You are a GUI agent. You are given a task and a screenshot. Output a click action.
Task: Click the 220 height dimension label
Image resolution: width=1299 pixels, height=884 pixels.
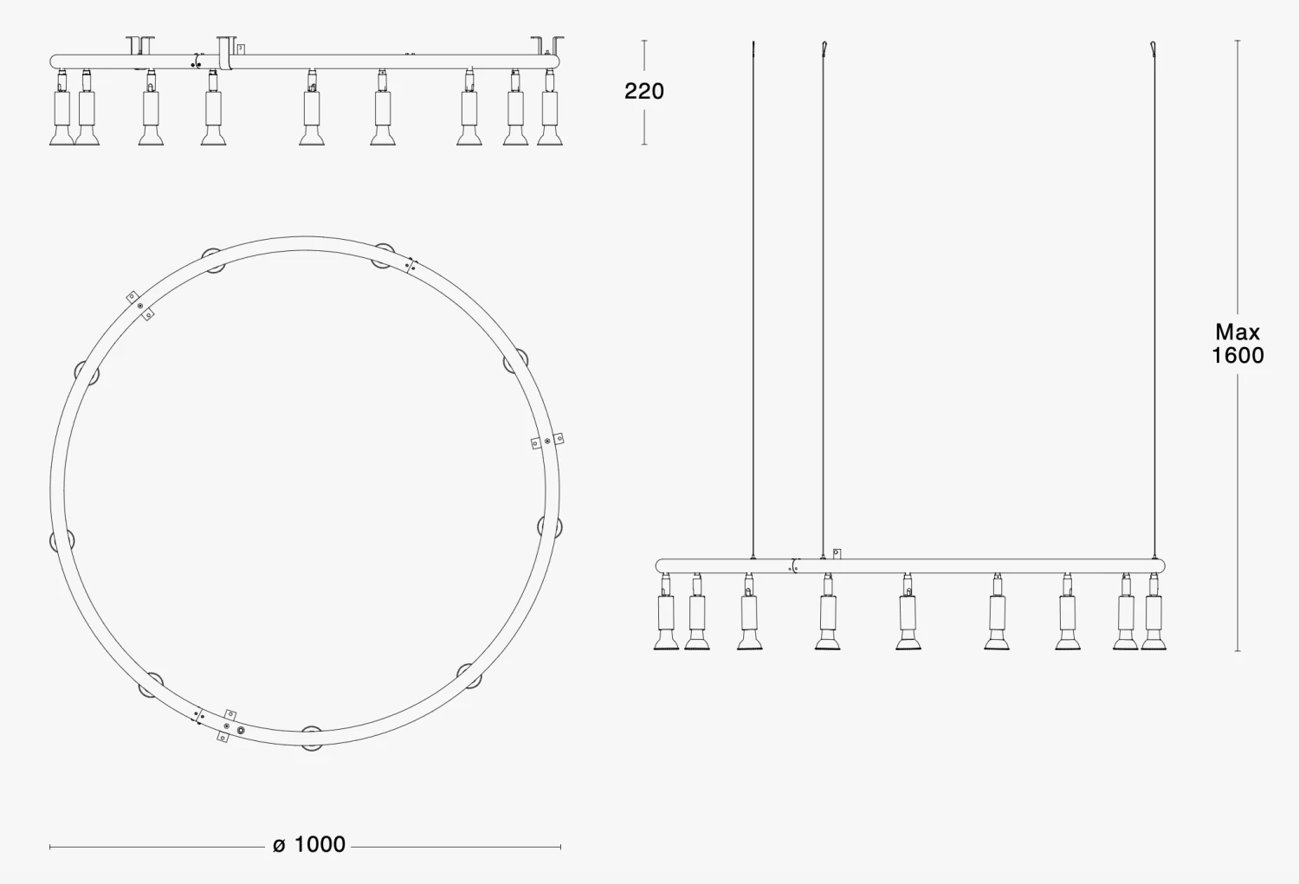[x=643, y=91]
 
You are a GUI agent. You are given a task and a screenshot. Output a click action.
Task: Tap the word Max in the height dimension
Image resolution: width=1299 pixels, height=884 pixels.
[x=1238, y=332]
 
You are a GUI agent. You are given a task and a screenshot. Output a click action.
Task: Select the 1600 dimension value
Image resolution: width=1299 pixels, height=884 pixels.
[x=1238, y=355]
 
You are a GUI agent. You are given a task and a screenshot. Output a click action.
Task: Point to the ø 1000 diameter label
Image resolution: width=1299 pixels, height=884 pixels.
[x=309, y=844]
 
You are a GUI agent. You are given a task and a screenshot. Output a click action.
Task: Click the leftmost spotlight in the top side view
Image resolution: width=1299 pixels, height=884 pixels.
[x=61, y=107]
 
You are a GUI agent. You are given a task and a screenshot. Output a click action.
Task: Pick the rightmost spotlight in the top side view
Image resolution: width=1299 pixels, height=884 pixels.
[x=550, y=107]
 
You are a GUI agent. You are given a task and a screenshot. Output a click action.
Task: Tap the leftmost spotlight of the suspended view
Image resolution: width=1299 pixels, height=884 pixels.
[x=666, y=611]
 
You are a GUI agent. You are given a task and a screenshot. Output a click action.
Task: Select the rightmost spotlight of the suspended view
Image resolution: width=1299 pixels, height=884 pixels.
[x=1154, y=611]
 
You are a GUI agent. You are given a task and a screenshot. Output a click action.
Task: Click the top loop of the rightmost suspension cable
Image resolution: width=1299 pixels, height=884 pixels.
[x=1154, y=48]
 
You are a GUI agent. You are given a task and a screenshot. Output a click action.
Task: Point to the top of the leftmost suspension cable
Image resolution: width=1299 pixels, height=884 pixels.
[x=753, y=43]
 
